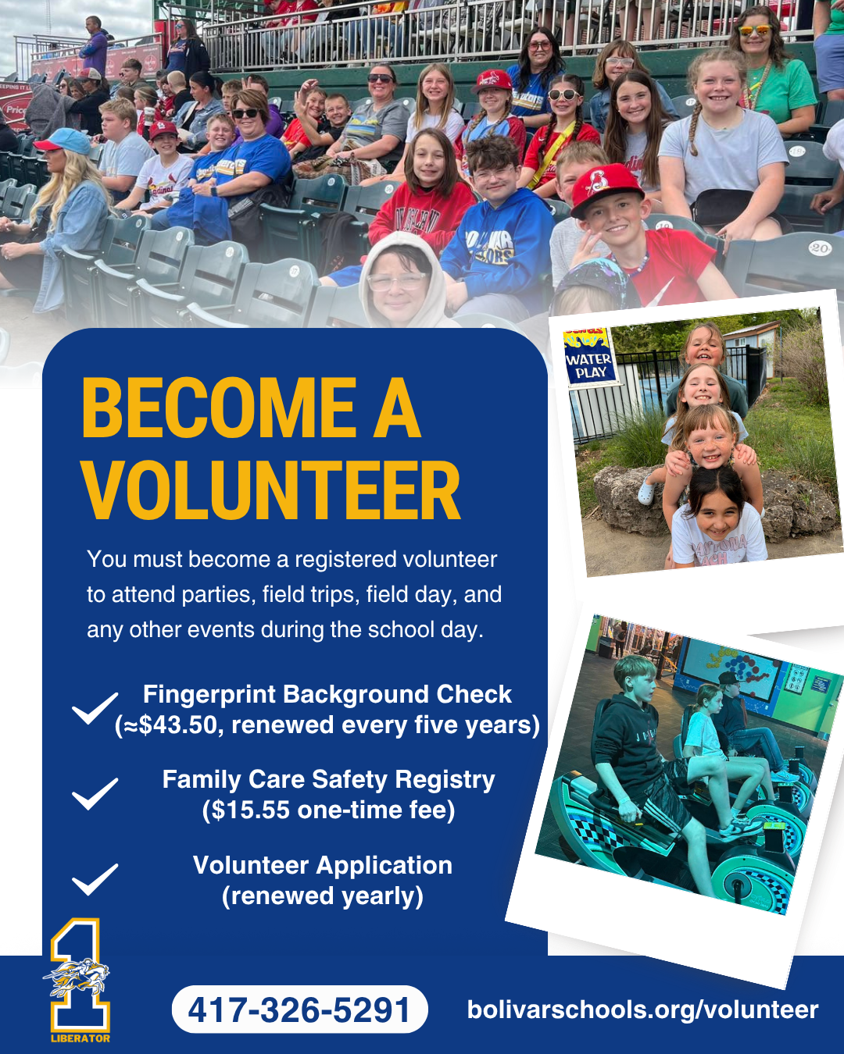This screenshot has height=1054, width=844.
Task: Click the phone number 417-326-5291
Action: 299,1010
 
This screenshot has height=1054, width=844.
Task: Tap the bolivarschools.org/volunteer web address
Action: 642,1010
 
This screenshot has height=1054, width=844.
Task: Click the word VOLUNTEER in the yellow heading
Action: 271,490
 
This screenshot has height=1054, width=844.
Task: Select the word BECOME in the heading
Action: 219,408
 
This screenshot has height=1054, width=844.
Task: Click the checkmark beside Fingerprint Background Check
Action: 95,708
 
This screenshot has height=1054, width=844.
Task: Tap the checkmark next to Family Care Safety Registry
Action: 95,793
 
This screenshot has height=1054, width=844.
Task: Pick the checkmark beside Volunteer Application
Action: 95,880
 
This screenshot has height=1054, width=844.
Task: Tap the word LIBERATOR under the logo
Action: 80,1038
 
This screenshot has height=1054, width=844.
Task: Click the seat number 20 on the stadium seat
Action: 820,247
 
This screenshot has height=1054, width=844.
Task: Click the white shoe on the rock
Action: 646,493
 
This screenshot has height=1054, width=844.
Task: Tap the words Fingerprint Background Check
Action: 327,695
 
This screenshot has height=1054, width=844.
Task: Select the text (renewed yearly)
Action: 322,897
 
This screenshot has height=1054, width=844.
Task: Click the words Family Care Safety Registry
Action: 328,780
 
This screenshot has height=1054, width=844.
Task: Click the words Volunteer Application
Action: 323,866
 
